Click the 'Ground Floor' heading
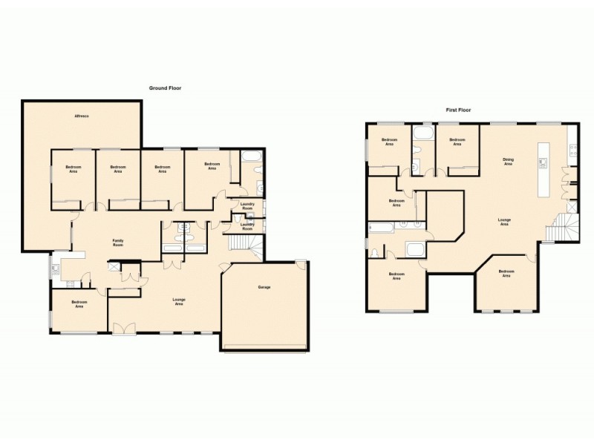165,88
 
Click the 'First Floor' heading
458,110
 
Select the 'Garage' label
264,287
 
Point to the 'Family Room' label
117,242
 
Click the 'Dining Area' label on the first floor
508,161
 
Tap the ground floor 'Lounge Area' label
178,301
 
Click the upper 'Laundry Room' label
247,207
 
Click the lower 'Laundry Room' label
247,228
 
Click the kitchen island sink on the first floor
544,161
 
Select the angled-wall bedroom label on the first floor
506,274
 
